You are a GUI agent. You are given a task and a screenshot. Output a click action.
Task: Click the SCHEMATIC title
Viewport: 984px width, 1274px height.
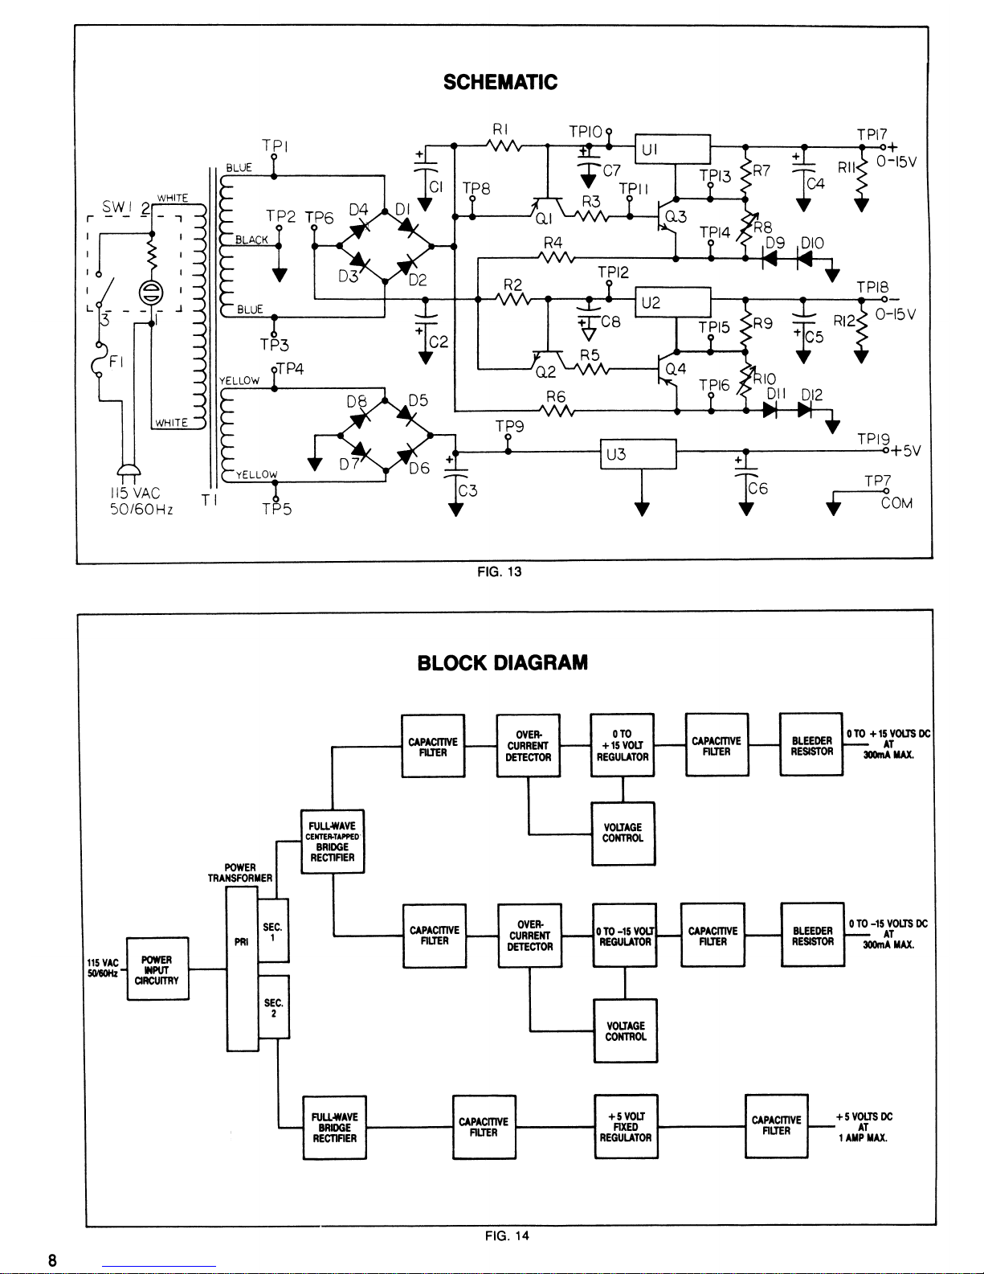point(500,82)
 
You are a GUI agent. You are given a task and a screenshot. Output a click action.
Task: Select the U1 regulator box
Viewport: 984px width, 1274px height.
point(672,150)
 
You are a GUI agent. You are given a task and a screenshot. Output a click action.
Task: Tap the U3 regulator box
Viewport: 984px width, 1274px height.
point(639,454)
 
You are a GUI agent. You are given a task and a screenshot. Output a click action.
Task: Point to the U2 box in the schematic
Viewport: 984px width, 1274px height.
point(673,302)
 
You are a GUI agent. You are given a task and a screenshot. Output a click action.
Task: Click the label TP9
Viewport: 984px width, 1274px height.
point(510,427)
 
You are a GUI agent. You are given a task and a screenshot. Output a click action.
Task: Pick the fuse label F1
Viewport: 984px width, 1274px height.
point(116,361)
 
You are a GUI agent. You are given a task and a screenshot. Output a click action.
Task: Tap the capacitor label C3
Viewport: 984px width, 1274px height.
point(468,490)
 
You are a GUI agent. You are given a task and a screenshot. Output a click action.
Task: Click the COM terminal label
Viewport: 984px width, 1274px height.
point(896,503)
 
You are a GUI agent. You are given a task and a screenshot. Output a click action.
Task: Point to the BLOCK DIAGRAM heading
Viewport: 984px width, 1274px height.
point(503,662)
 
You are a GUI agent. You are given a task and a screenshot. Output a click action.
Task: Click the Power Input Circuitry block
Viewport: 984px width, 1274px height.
point(157,969)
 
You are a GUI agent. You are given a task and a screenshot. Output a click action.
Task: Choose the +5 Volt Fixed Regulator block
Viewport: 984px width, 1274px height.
point(626,1127)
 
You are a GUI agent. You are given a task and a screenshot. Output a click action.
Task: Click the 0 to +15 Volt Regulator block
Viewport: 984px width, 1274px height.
point(623,745)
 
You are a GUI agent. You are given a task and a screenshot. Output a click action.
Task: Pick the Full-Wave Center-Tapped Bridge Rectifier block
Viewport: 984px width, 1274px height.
point(333,842)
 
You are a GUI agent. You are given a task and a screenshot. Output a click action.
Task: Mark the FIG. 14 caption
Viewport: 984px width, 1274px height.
point(507,1235)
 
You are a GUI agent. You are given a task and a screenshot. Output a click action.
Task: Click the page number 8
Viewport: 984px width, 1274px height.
point(52,1260)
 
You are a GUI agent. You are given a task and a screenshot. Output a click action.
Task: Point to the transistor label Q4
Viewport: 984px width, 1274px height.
point(676,369)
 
